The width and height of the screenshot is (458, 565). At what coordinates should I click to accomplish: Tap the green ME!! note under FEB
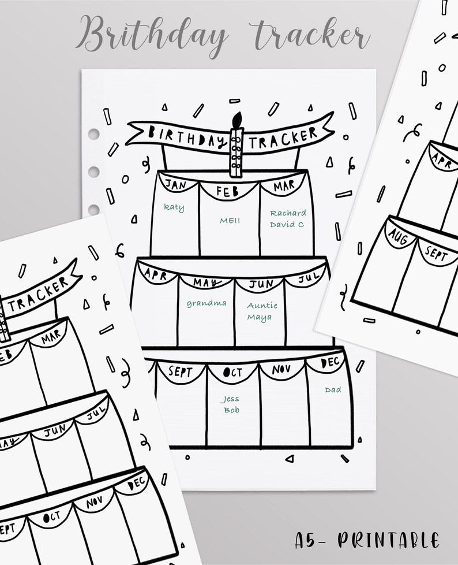pyautogui.click(x=230, y=220)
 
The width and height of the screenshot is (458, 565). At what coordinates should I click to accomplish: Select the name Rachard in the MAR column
pyautogui.click(x=287, y=213)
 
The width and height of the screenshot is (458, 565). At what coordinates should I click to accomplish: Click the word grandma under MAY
pyautogui.click(x=206, y=303)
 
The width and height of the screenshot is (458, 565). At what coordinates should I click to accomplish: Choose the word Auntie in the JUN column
pyautogui.click(x=262, y=305)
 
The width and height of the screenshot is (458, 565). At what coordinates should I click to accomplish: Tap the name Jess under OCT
pyautogui.click(x=230, y=399)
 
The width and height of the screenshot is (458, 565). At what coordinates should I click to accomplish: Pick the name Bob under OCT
pyautogui.click(x=230, y=410)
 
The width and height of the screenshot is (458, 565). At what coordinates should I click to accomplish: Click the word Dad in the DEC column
pyautogui.click(x=333, y=390)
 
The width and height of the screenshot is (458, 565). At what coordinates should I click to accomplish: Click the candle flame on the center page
pyautogui.click(x=235, y=120)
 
